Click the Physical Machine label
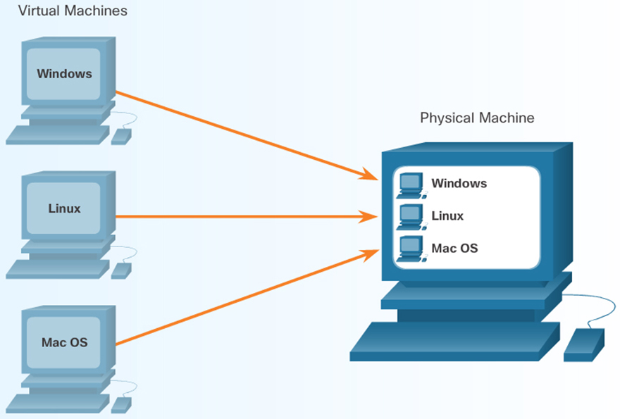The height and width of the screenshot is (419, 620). (477, 118)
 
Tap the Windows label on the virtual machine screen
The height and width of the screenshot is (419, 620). (64, 73)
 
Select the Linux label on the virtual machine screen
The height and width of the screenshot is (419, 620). (64, 208)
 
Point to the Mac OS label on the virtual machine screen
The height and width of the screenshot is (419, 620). (64, 343)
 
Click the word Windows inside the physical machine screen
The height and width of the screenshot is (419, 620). (459, 183)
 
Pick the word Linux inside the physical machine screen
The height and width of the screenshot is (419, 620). (447, 215)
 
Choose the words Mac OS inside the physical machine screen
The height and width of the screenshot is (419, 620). (454, 248)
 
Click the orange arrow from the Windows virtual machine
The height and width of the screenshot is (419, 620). (240, 133)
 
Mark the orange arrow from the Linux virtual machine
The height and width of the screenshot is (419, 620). (240, 216)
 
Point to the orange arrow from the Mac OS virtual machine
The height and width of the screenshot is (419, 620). (240, 299)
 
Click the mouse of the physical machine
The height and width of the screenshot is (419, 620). (584, 345)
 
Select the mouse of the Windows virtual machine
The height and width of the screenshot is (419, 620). (121, 135)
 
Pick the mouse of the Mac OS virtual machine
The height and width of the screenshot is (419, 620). (121, 405)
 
